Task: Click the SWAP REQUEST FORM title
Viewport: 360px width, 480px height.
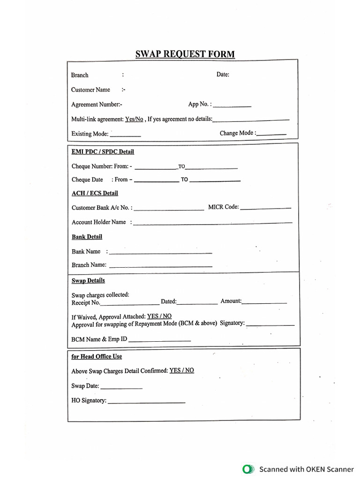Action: [185, 54]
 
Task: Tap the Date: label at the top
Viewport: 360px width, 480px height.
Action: [223, 75]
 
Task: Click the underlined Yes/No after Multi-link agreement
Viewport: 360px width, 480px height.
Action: [134, 119]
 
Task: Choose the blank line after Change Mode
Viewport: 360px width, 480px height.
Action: [272, 135]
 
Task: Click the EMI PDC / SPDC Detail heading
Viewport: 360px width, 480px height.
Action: [103, 152]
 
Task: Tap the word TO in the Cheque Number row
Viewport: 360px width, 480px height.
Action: [182, 166]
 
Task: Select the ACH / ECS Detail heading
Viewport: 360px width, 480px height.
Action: [95, 193]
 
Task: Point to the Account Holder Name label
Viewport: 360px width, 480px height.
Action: [98, 222]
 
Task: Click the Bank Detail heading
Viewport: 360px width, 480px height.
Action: [87, 237]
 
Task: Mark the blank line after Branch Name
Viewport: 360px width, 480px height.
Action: [160, 267]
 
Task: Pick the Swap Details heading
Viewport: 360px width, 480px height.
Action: [88, 281]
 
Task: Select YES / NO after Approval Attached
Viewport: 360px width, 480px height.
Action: [159, 316]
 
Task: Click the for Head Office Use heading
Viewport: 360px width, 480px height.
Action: [97, 356]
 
